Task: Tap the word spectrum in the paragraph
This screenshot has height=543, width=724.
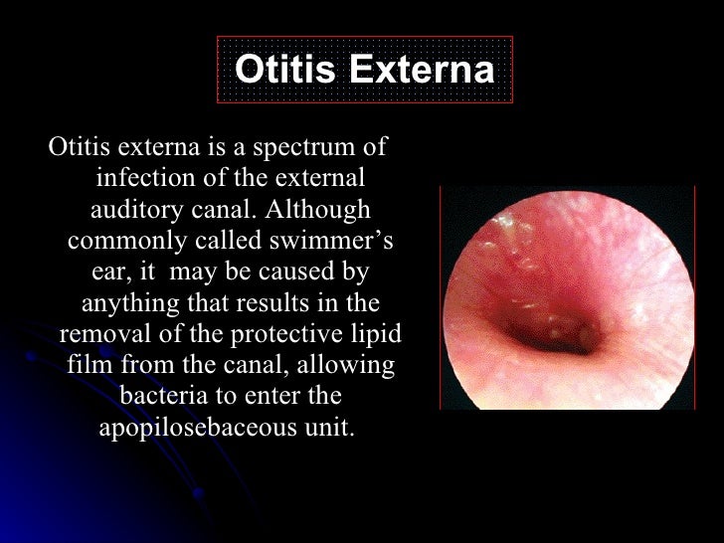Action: click(x=299, y=149)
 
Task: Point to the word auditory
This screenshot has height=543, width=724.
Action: click(x=133, y=211)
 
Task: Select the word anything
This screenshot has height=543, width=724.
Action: click(x=125, y=303)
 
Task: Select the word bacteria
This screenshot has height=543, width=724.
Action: click(x=164, y=396)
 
